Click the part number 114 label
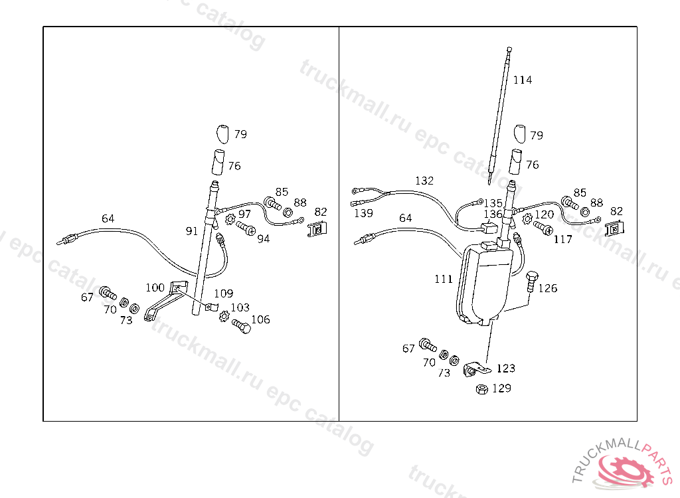point(523,80)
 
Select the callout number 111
point(444,280)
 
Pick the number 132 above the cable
point(424,181)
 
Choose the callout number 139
point(363,214)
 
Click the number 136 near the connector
point(493,214)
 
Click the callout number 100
point(155,288)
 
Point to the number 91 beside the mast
point(192,231)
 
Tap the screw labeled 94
point(244,228)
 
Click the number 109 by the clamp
point(223,293)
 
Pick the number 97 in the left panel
point(245,214)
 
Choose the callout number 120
point(545,214)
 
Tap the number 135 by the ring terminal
point(493,203)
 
